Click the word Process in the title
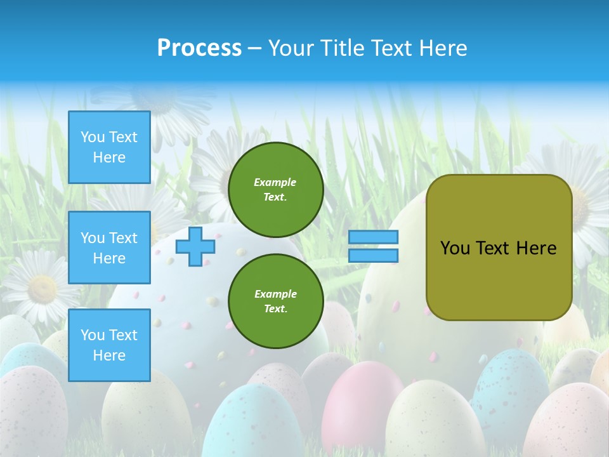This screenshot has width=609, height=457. [199, 48]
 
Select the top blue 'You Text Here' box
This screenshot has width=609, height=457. [109, 147]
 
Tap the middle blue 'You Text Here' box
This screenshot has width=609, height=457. [109, 248]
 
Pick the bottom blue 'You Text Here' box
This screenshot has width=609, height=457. [109, 345]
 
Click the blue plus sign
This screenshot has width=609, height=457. [195, 247]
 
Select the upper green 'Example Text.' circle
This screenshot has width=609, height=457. [275, 189]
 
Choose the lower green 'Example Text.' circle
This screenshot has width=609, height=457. [275, 301]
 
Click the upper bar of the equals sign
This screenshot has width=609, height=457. [374, 237]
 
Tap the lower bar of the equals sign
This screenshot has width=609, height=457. [374, 255]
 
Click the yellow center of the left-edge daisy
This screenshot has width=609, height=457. [42, 289]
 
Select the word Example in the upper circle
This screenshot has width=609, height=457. [275, 182]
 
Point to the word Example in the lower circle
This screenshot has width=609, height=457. [275, 294]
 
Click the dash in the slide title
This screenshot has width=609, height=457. [255, 48]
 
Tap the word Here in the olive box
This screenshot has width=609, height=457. [536, 248]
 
